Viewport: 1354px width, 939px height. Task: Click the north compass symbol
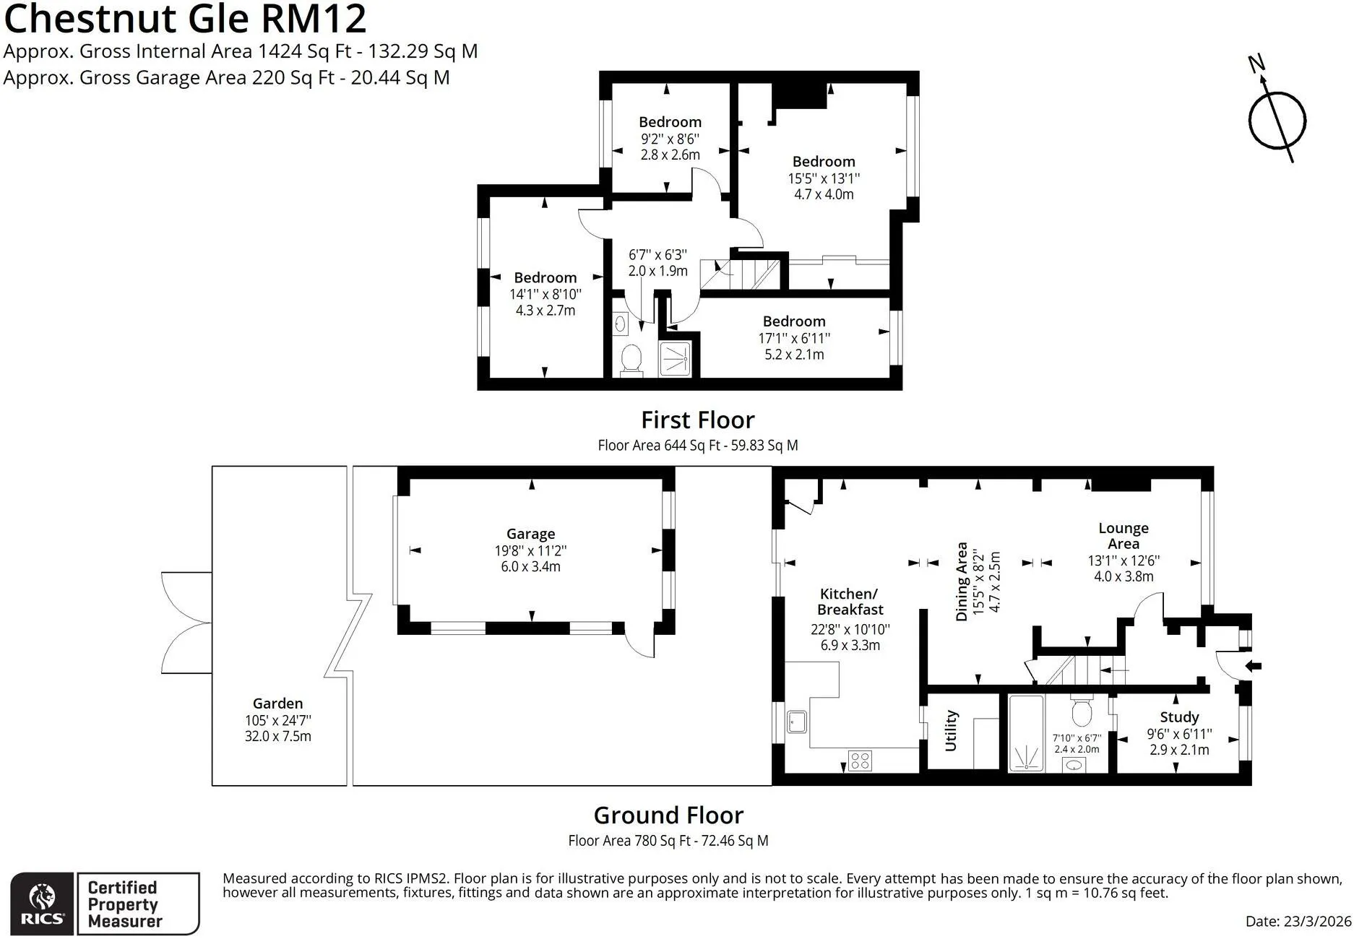click(1277, 116)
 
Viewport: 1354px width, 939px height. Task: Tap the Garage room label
click(530, 534)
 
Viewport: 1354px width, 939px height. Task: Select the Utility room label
click(951, 730)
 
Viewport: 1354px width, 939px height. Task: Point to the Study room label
click(1179, 717)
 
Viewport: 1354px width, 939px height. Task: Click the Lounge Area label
click(1124, 536)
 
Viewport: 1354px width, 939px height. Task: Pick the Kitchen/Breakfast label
click(850, 602)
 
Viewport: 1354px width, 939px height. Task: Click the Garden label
click(277, 703)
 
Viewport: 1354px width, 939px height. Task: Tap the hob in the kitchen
click(860, 761)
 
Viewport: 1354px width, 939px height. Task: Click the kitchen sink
click(797, 722)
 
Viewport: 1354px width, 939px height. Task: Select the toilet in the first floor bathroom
click(631, 359)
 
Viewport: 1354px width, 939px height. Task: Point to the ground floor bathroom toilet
click(1082, 711)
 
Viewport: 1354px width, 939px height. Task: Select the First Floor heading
click(698, 420)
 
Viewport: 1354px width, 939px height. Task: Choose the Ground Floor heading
click(668, 815)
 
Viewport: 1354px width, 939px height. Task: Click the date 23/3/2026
click(1317, 922)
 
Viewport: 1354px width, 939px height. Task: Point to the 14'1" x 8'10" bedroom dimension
click(546, 294)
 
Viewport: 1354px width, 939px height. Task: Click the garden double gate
click(186, 623)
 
